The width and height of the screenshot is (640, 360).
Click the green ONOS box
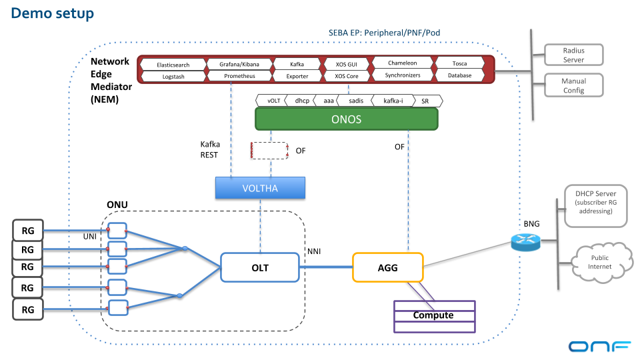[x=346, y=119]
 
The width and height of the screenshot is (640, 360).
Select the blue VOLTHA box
[x=259, y=188]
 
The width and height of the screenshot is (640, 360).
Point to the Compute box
[x=433, y=315]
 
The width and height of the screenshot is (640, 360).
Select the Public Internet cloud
[x=599, y=262]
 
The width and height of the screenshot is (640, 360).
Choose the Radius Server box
[x=573, y=55]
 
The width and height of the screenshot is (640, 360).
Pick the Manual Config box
[x=573, y=85]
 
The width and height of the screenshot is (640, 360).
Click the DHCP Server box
[x=595, y=202]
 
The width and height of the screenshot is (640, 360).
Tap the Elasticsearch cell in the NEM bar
[x=173, y=65]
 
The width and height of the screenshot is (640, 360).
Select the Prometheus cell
[x=239, y=76]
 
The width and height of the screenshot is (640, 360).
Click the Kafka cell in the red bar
[x=297, y=64]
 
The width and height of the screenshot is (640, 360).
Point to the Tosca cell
[x=459, y=64]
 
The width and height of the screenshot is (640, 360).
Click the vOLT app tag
[x=273, y=101]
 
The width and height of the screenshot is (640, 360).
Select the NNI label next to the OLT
[x=315, y=251]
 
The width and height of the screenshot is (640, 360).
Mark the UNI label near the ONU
[x=90, y=237]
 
